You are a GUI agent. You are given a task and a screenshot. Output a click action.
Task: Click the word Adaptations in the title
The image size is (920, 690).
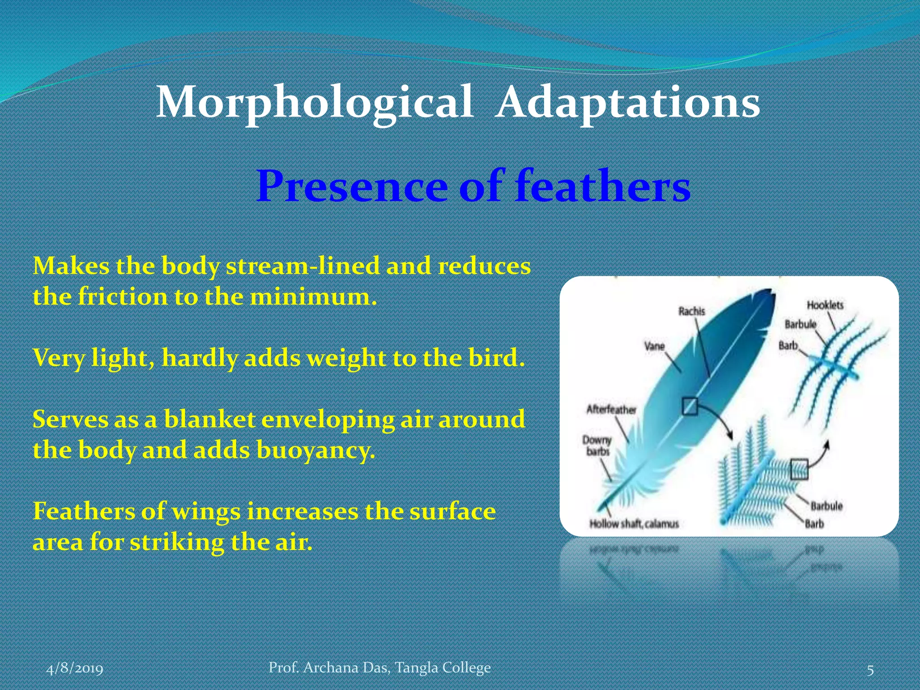(x=628, y=103)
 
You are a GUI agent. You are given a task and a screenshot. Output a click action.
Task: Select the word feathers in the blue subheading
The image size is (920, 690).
(x=603, y=186)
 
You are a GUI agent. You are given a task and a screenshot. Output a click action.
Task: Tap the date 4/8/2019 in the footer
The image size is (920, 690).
(x=75, y=668)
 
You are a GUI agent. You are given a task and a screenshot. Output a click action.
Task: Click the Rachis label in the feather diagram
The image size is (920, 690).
(x=692, y=311)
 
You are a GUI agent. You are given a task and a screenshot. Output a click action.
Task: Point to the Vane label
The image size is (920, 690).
(x=654, y=346)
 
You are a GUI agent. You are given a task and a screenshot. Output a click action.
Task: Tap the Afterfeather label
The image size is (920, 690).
(x=611, y=410)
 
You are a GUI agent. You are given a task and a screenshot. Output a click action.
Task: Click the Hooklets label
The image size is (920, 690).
(x=825, y=305)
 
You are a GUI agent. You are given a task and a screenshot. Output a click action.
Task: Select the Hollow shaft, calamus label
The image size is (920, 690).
(x=634, y=524)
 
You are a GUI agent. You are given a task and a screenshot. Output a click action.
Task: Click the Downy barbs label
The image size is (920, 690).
(x=597, y=445)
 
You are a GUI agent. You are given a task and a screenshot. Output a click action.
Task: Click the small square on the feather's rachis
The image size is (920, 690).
(x=690, y=407)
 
